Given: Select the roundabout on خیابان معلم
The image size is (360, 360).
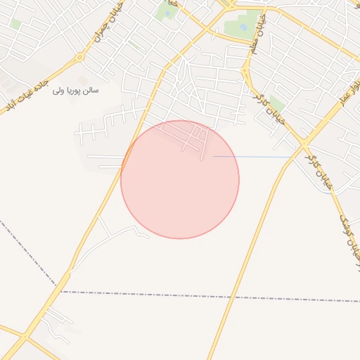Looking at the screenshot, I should coord(247,70).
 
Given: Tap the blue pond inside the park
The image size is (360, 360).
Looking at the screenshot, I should coord(243,27).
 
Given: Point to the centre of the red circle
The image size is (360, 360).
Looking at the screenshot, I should coord(180,179).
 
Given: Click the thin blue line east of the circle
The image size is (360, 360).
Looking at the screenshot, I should coord(253,156).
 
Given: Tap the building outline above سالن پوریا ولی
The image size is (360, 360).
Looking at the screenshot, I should coord(83,80).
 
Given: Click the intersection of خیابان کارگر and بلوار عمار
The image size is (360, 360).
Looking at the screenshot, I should coord(304,143).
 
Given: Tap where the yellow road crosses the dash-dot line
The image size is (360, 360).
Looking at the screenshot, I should coord(226,296).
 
